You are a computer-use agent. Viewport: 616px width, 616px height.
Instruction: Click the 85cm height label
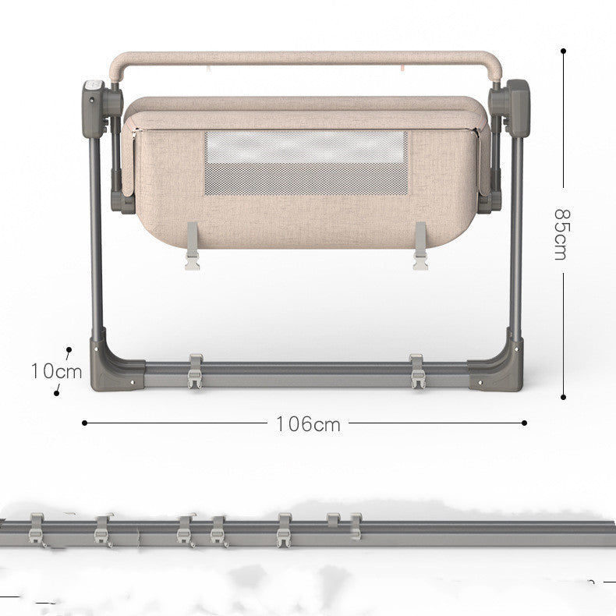[x=560, y=234]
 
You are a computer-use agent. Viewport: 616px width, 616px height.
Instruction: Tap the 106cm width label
[x=308, y=424]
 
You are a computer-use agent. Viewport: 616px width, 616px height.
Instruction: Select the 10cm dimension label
[x=57, y=371]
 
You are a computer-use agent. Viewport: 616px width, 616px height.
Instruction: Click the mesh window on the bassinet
[x=306, y=163]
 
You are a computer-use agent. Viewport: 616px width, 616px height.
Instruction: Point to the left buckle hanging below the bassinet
[x=192, y=246]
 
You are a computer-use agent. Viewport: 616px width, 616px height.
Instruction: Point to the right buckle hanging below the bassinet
[x=420, y=246]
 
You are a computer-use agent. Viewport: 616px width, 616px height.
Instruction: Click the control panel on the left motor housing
[x=94, y=86]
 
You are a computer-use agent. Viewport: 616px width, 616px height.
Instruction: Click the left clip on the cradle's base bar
[x=195, y=371]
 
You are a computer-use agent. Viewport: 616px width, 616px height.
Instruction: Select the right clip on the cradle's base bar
[x=417, y=371]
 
